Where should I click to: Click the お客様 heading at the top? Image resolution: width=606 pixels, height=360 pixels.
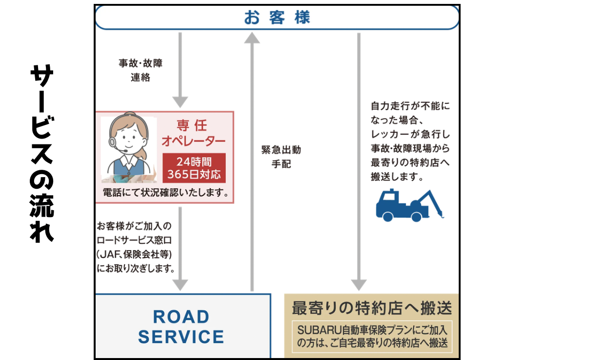(x=277, y=17)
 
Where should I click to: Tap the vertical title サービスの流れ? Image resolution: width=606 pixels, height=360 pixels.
(x=42, y=153)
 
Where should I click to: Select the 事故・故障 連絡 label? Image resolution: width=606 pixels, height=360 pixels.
(x=141, y=70)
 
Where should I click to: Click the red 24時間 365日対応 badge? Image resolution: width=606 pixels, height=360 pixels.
(x=194, y=168)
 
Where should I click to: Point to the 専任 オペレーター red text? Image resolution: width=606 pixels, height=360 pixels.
(x=193, y=133)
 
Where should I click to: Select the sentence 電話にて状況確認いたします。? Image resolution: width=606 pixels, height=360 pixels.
(x=166, y=193)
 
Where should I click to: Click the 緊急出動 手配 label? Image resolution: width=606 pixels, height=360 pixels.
(x=281, y=157)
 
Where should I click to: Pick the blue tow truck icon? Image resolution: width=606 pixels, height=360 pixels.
(x=409, y=205)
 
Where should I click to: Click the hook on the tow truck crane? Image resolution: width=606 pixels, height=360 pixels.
(x=442, y=215)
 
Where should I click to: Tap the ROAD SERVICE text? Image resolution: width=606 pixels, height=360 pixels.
(x=181, y=327)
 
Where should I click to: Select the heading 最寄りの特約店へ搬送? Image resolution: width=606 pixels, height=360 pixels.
(x=372, y=308)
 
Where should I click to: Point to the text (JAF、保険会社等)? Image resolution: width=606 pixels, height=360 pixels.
(x=134, y=254)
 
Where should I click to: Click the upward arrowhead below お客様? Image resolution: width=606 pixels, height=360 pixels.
(x=252, y=38)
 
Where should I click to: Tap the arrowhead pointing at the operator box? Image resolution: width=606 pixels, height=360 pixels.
(x=180, y=102)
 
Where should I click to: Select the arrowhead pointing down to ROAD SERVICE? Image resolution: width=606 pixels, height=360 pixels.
(x=180, y=285)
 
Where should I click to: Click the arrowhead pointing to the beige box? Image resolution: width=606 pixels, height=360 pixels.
(x=359, y=285)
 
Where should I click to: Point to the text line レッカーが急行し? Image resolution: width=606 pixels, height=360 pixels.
(x=410, y=134)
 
